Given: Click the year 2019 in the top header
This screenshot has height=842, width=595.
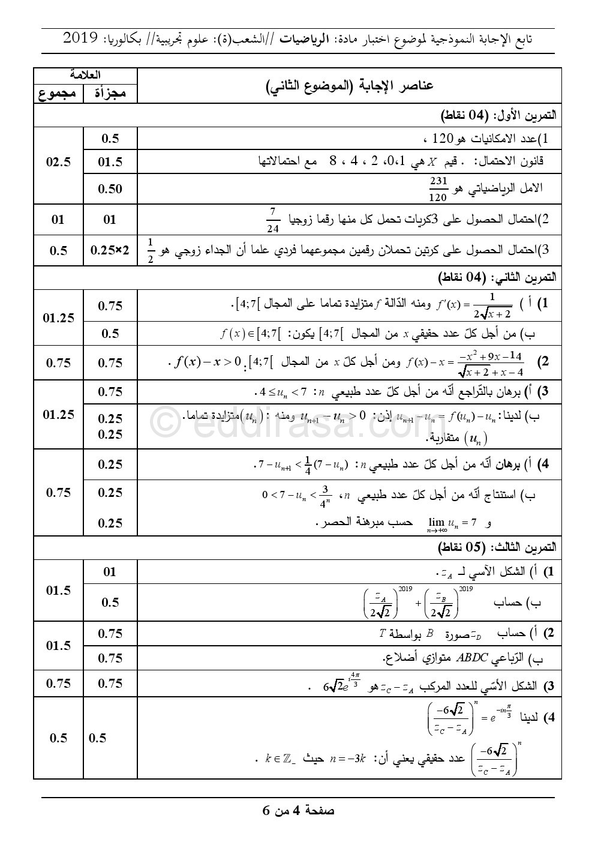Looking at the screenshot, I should click(80, 39).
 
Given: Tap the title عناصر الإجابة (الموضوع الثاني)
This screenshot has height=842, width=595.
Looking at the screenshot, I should click(350, 85).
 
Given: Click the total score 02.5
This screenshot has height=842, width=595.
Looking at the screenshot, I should click(58, 162).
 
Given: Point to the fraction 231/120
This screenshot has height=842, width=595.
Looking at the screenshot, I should click(438, 188).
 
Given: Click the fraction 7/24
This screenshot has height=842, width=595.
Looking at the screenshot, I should click(272, 220).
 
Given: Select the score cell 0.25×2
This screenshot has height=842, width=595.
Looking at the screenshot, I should click(110, 250).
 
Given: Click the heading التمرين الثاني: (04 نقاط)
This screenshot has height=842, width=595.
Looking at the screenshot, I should click(498, 277).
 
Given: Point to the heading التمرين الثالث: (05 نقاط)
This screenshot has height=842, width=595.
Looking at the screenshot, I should click(498, 547).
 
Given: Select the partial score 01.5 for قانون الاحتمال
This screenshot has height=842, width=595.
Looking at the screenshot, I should click(110, 162).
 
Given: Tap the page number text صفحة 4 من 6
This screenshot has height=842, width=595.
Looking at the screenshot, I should click(298, 811).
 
